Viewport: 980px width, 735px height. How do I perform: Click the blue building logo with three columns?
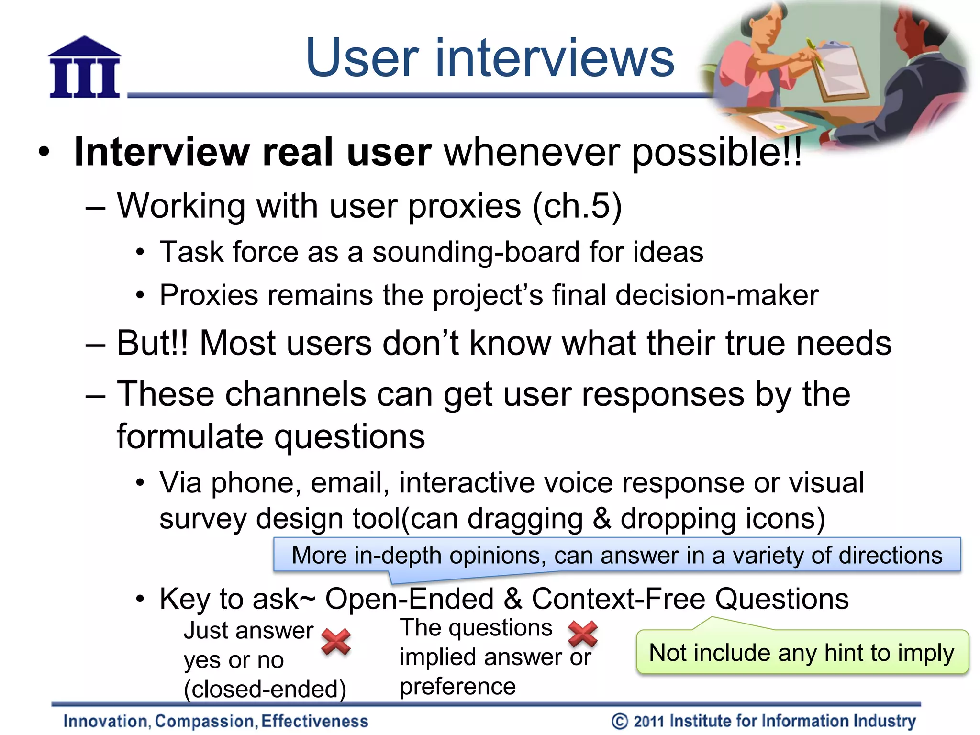[x=85, y=67]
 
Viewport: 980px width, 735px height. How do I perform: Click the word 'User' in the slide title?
[x=362, y=58]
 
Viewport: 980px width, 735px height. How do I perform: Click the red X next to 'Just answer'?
[x=336, y=642]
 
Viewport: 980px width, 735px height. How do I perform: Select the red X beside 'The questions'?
[x=582, y=634]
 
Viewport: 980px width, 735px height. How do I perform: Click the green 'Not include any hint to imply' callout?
[x=802, y=653]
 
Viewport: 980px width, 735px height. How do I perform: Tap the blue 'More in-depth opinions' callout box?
[x=617, y=556]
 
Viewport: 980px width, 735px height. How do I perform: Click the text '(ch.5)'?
[x=577, y=206]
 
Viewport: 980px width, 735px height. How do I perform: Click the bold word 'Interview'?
[x=162, y=152]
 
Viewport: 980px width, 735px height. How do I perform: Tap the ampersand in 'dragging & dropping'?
[x=602, y=519]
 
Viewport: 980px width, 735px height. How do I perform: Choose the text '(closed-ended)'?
[x=265, y=690]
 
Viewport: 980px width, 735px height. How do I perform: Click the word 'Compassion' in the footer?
[x=204, y=721]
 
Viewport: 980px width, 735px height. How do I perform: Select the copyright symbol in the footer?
[x=620, y=721]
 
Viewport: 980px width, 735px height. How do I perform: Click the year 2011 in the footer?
[x=649, y=721]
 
